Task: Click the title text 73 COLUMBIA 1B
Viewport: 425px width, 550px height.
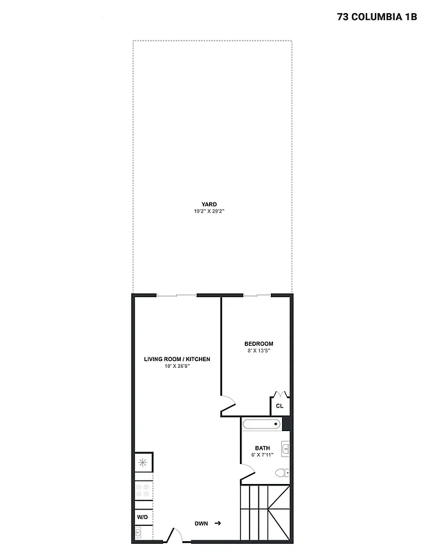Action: click(377, 17)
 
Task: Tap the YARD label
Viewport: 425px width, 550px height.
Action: click(209, 204)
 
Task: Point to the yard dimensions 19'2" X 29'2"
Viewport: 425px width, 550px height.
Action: click(209, 211)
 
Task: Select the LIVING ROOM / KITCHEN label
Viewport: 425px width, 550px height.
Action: click(177, 359)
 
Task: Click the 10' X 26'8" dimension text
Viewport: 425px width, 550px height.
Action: click(177, 366)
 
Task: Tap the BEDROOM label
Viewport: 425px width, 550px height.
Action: click(259, 344)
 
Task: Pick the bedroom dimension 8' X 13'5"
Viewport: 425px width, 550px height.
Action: click(259, 351)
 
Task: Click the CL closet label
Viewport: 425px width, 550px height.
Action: click(279, 406)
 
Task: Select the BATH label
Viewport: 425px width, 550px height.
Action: click(262, 448)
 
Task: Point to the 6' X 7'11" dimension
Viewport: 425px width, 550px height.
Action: click(262, 455)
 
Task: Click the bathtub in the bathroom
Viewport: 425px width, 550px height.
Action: click(262, 424)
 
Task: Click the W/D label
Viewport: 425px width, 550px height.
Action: click(143, 517)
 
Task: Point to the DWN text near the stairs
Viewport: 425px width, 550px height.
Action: click(201, 524)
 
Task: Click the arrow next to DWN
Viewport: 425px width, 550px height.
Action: click(218, 524)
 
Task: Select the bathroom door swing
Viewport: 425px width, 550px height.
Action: click(248, 472)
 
